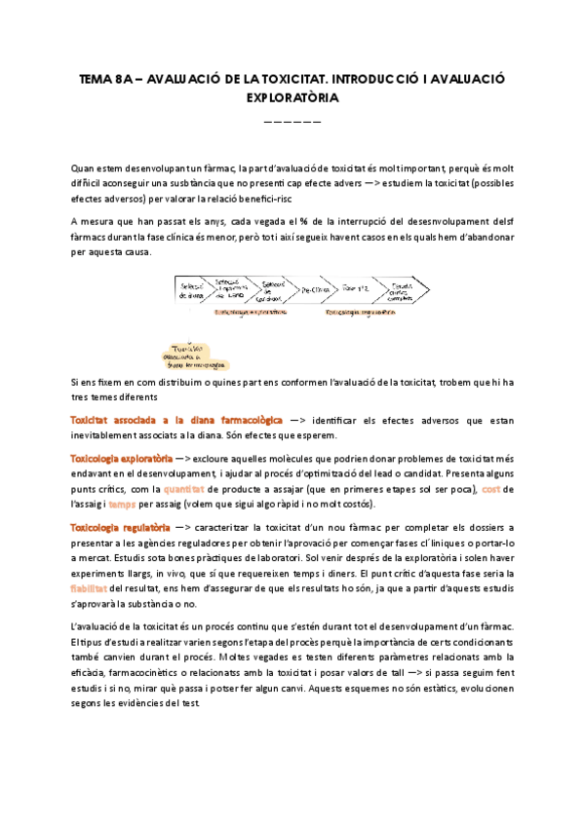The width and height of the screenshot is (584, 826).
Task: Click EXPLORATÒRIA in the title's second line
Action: pyautogui.click(x=292, y=98)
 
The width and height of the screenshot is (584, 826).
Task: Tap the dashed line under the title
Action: pyautogui.click(x=292, y=122)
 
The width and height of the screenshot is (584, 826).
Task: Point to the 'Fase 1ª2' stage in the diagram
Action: pyautogui.click(x=356, y=289)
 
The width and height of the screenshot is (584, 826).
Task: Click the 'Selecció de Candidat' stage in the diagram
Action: pyautogui.click(x=272, y=290)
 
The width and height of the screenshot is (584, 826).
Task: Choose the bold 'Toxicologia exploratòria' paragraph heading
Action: pyautogui.click(x=122, y=458)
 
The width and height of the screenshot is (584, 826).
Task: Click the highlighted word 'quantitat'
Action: pyautogui.click(x=185, y=488)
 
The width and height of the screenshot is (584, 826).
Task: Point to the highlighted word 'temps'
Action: pyautogui.click(x=123, y=504)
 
